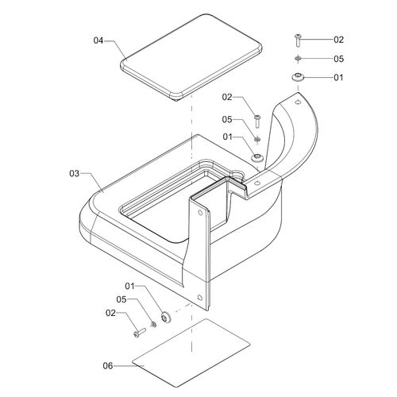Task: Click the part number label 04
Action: (x=98, y=40)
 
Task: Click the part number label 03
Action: (x=75, y=174)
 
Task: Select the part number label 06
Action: (x=108, y=366)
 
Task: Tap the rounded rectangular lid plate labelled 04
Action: (x=191, y=57)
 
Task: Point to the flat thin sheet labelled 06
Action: (x=191, y=353)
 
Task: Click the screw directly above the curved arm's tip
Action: (x=298, y=40)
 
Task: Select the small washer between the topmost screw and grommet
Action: (x=298, y=58)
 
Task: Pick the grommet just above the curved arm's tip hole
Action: (x=298, y=77)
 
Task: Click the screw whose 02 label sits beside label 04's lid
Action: (x=257, y=121)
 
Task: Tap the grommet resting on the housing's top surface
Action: (x=257, y=157)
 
